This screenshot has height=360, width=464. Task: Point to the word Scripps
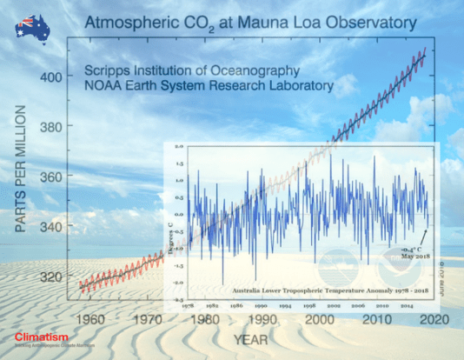coord(109,70)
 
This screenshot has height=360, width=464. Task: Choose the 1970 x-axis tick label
coord(146,319)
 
